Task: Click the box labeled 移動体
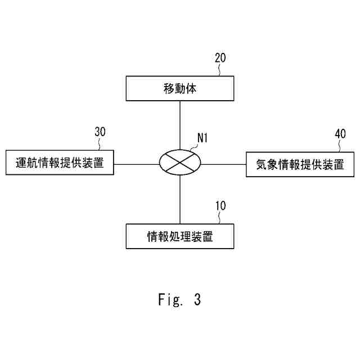click(x=179, y=89)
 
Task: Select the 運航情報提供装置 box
click(x=59, y=164)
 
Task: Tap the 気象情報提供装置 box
click(x=300, y=164)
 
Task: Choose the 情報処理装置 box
click(x=179, y=236)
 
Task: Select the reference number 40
click(x=340, y=133)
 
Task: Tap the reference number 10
click(x=220, y=205)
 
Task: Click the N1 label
click(x=202, y=138)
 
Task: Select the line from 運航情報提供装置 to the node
click(x=136, y=164)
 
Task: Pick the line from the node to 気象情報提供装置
click(x=223, y=164)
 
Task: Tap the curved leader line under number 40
click(x=340, y=146)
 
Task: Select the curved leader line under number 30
click(x=100, y=144)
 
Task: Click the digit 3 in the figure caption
click(x=197, y=300)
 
